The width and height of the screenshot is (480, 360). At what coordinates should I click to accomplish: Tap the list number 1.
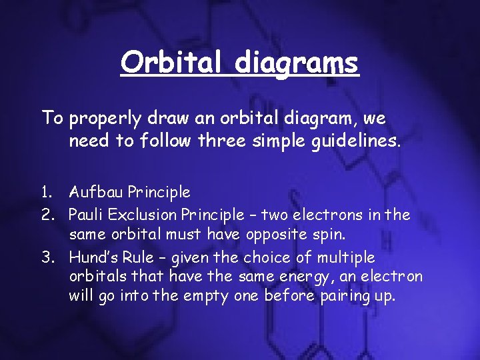point(45,193)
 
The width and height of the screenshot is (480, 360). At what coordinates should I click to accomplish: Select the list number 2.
point(46,215)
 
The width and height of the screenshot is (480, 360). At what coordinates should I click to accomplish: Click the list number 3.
point(46,258)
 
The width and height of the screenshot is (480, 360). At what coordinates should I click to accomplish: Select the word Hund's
point(93,258)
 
